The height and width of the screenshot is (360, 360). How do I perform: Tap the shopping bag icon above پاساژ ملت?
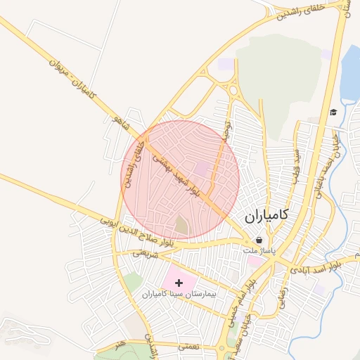259,240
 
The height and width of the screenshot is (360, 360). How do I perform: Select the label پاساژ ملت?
260,250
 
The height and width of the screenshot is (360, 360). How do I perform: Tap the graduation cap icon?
333,112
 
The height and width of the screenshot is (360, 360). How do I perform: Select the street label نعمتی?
190,347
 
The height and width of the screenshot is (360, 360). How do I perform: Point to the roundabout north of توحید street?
231,89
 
